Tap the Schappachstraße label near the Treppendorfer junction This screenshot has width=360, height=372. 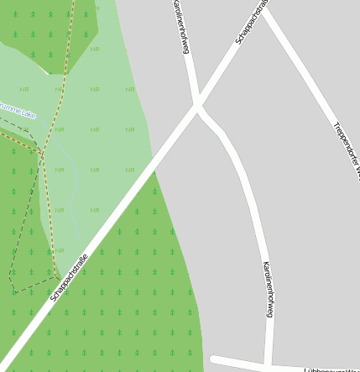tap(252, 23)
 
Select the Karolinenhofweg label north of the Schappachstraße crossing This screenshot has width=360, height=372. tap(180, 27)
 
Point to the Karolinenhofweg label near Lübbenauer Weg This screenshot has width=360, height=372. tap(268, 288)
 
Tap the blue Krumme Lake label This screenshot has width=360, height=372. tap(16, 109)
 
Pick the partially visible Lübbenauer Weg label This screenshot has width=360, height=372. tap(332, 368)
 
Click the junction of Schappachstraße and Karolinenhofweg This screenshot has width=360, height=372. tap(198, 106)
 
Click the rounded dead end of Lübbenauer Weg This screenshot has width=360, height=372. tap(215, 360)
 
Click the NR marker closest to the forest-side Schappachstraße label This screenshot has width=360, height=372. tap(59, 250)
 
